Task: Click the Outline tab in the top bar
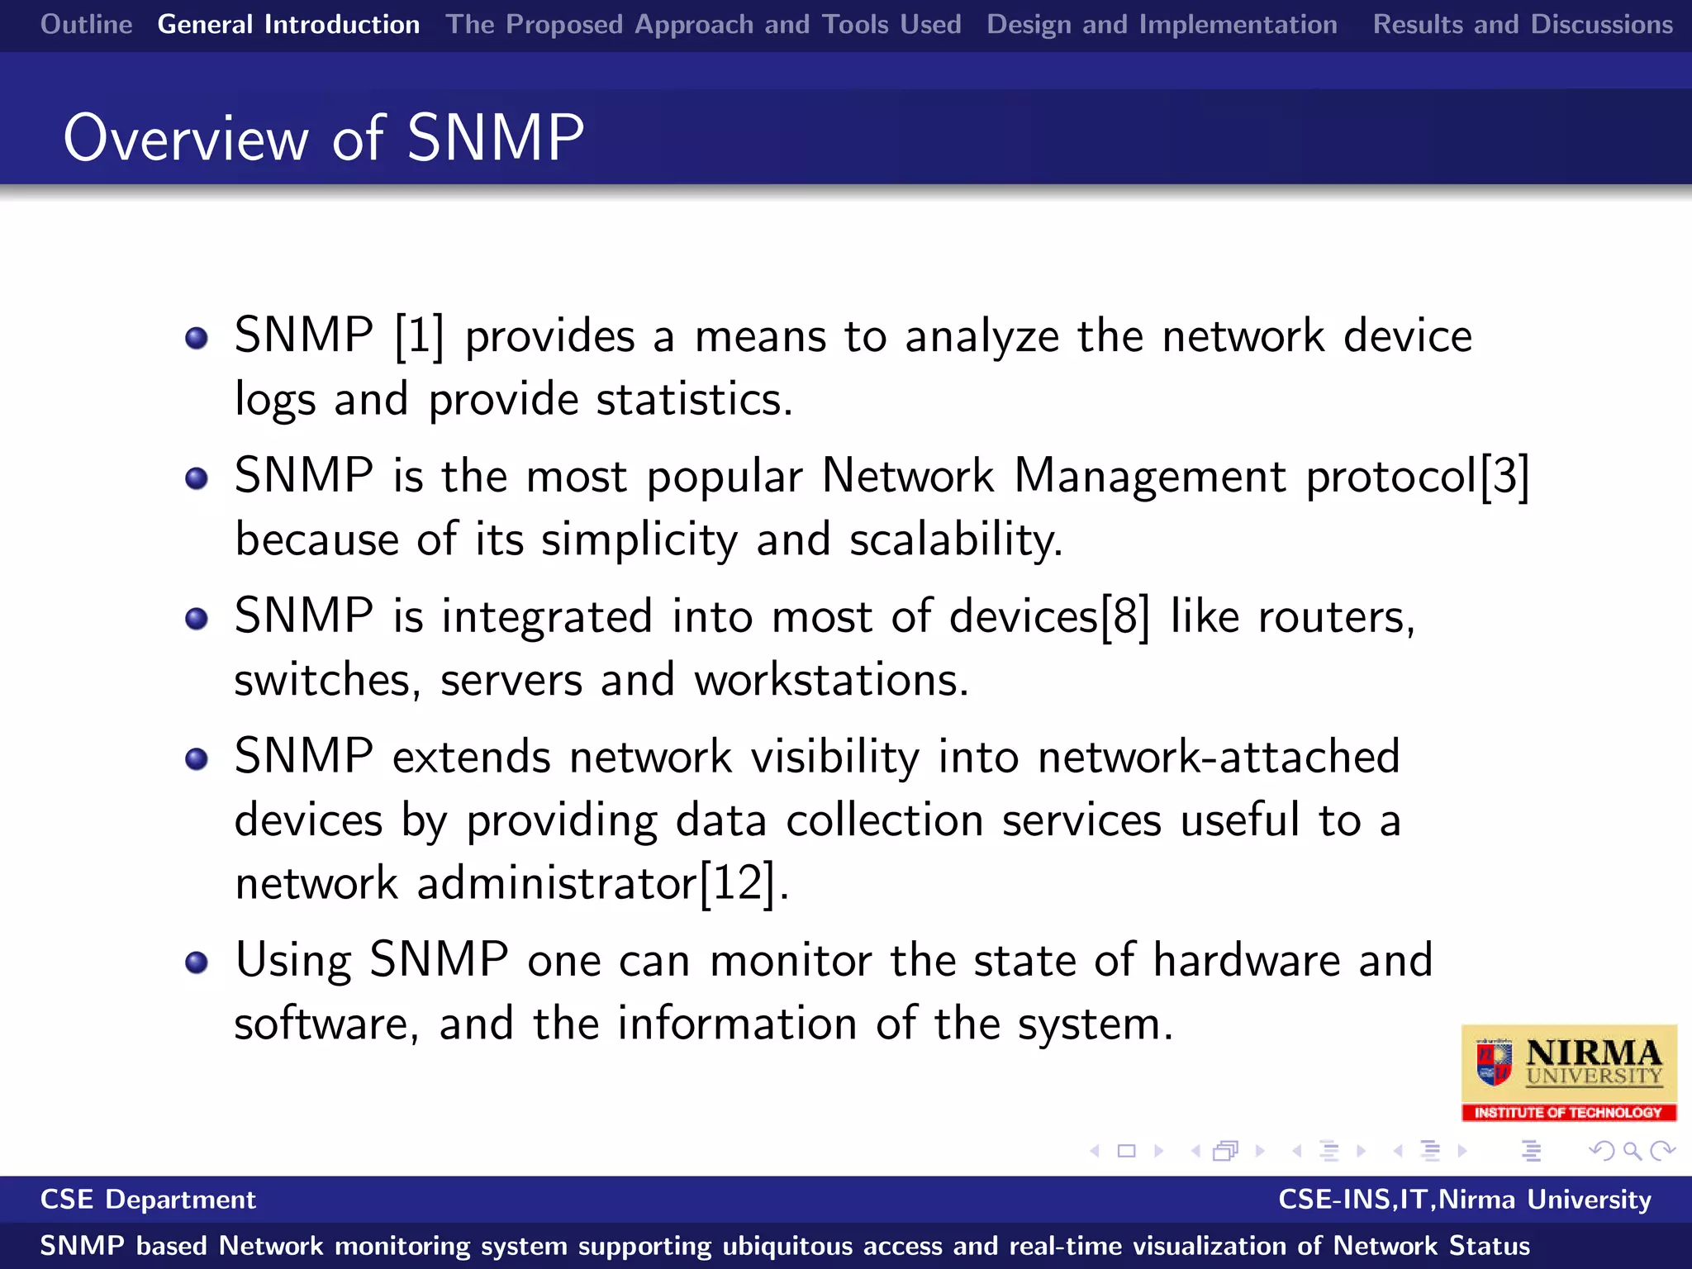(x=87, y=25)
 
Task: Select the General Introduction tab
(x=288, y=25)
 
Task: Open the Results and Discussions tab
(x=1522, y=25)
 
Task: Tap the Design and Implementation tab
(x=1162, y=25)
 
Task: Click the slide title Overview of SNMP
(x=324, y=138)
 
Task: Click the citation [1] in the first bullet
(x=419, y=336)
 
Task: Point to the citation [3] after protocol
(x=1504, y=477)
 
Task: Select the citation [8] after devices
(x=1125, y=617)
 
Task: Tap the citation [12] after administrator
(x=738, y=883)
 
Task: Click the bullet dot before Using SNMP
(x=197, y=962)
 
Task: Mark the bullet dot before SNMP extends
(x=197, y=758)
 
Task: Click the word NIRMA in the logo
(x=1593, y=1053)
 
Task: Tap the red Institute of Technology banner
(x=1568, y=1113)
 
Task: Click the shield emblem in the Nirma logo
(x=1494, y=1063)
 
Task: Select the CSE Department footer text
(x=149, y=1200)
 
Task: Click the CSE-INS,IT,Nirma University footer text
(x=1464, y=1200)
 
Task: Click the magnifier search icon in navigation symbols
(x=1632, y=1151)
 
